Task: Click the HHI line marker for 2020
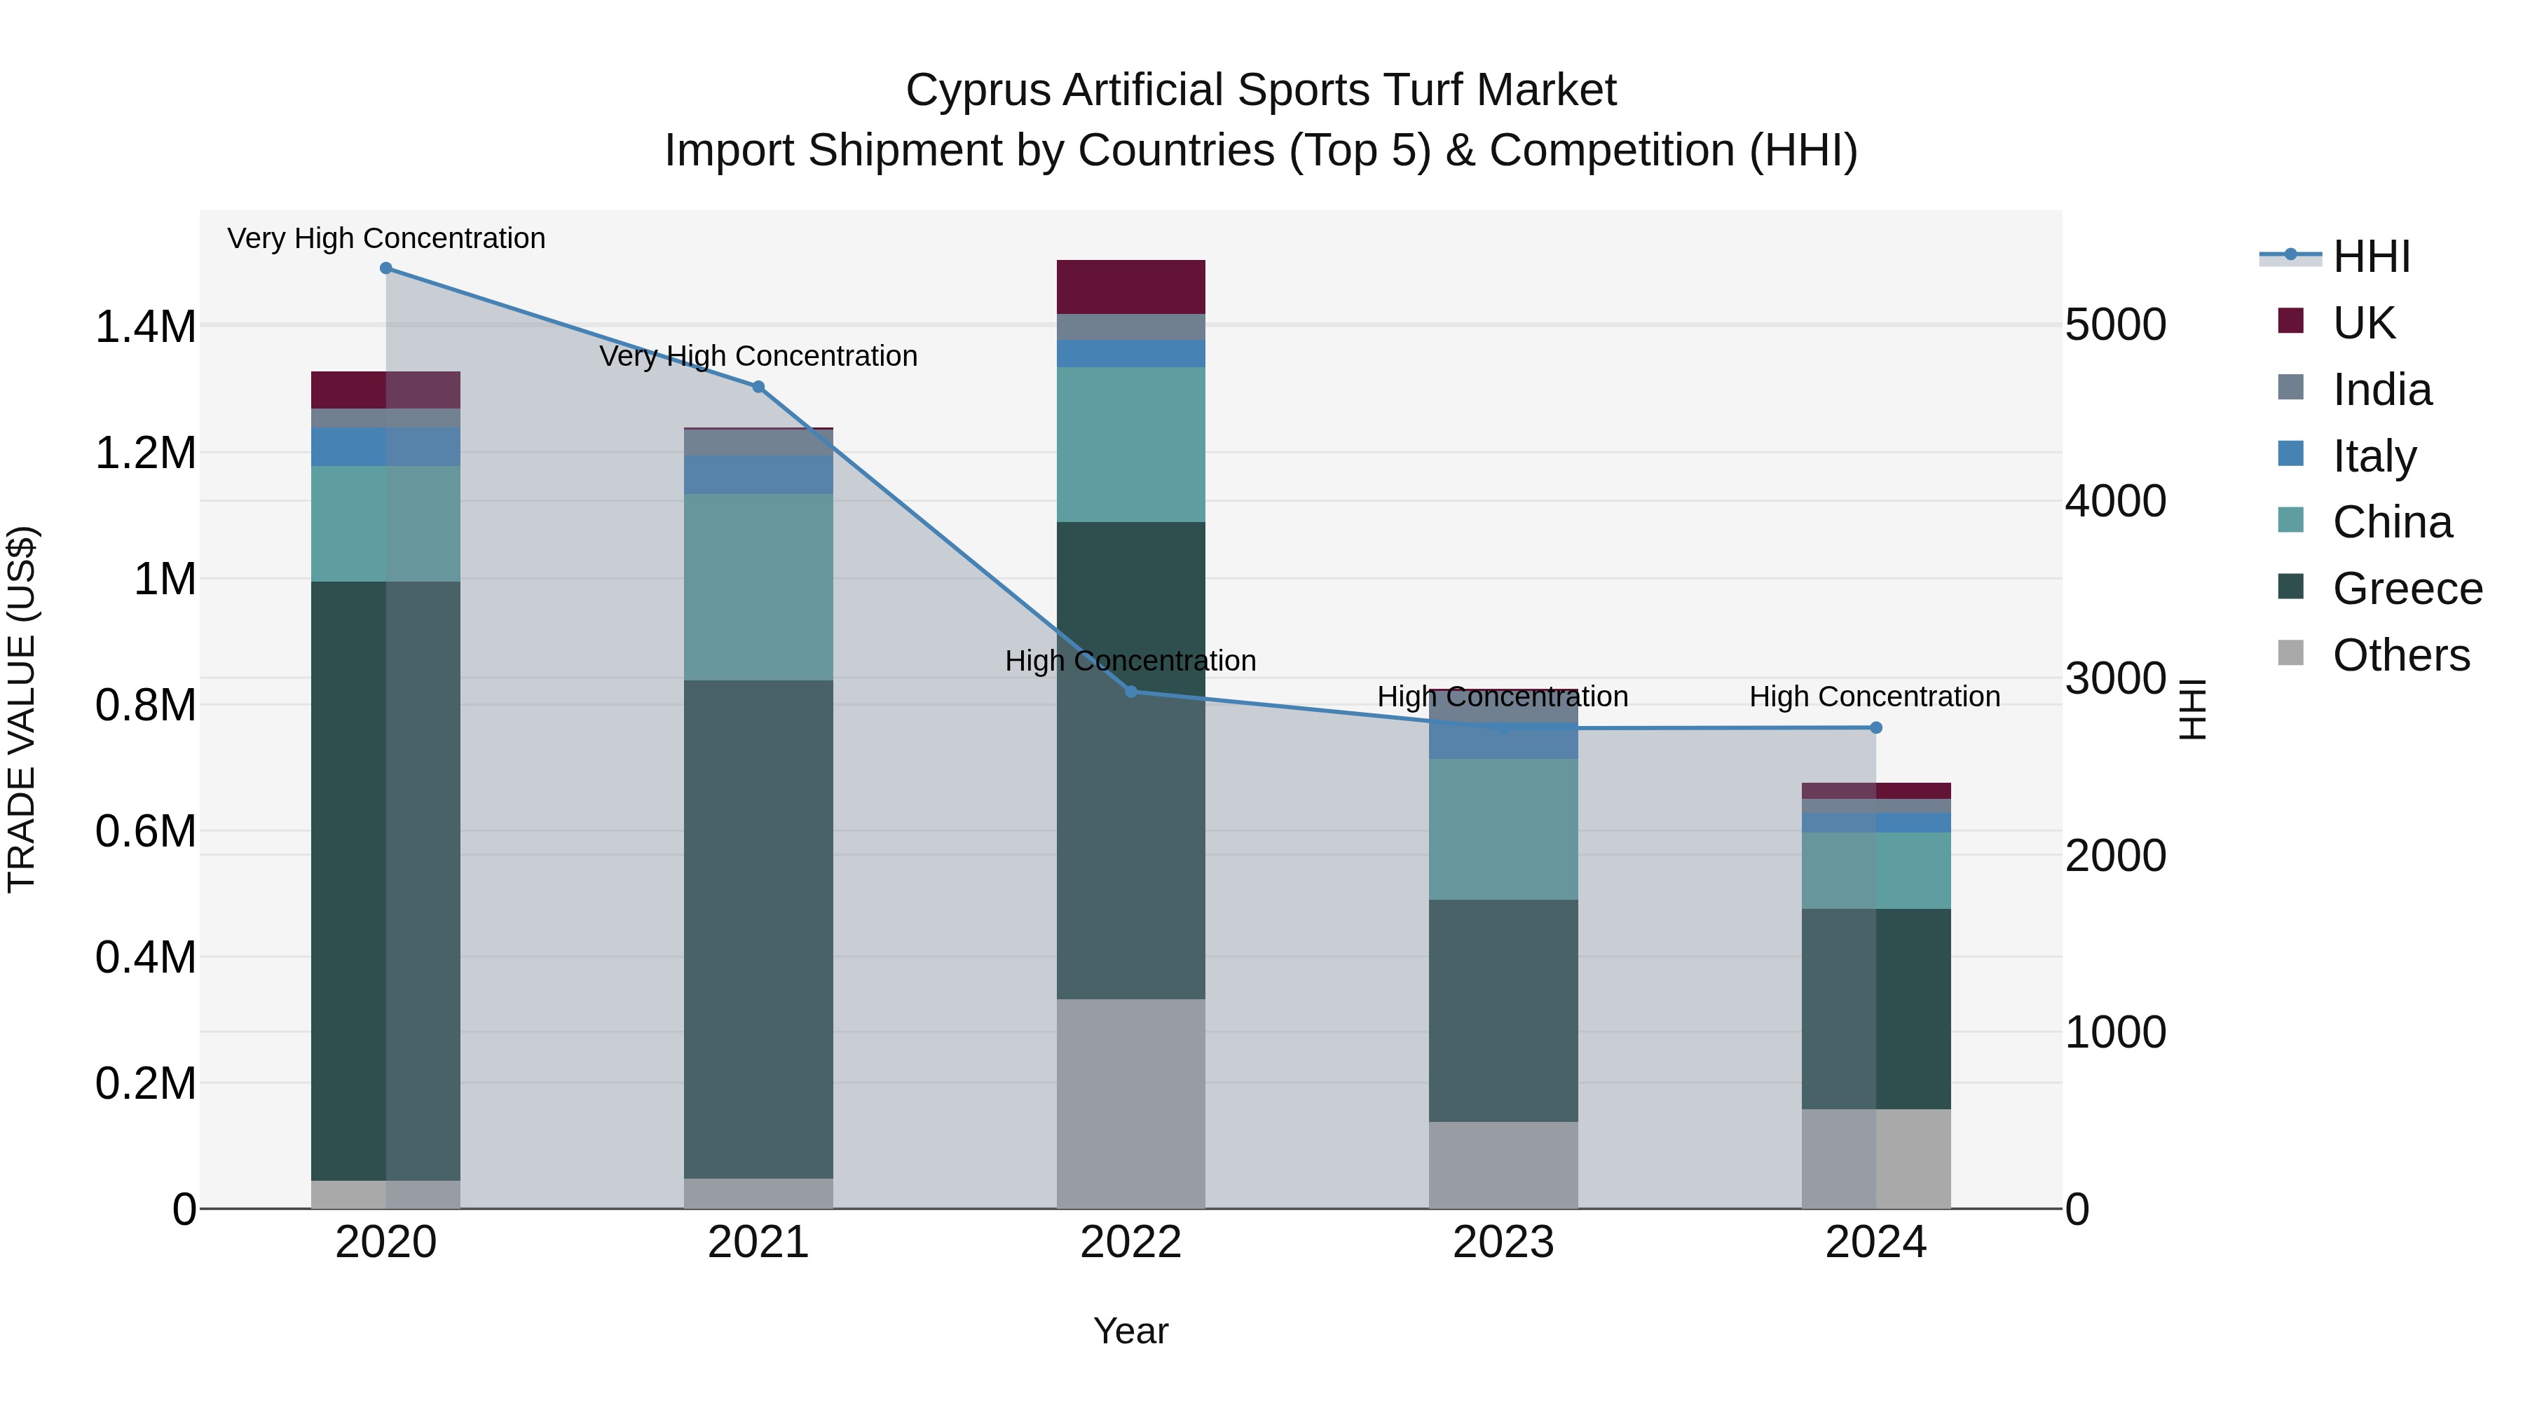(x=386, y=268)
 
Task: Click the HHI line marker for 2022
(x=1130, y=692)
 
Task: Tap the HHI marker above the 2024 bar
(x=1875, y=727)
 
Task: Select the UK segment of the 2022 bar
(x=1130, y=287)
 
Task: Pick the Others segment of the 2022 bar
(x=1130, y=1103)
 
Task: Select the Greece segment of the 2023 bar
(x=1503, y=1010)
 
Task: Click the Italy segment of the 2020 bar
(x=386, y=446)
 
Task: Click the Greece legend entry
(x=2407, y=589)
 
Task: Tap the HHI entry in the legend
(x=2370, y=256)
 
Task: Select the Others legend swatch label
(x=2400, y=655)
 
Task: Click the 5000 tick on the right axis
(x=2116, y=325)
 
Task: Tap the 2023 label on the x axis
(x=1503, y=1242)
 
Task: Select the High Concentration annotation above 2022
(x=1130, y=661)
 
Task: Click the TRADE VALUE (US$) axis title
(x=22, y=709)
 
